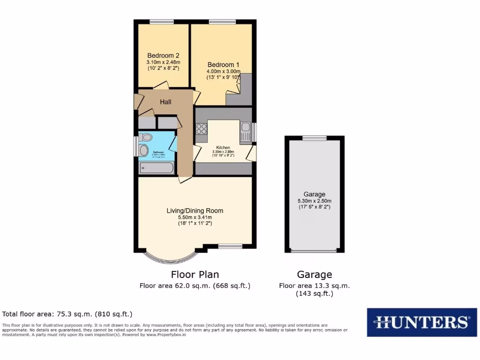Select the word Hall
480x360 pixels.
[165, 102]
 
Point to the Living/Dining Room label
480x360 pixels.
[195, 210]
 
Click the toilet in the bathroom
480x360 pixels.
[146, 137]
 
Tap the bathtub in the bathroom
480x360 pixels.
[157, 167]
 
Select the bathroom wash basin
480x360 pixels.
[144, 150]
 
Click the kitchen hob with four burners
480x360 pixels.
[202, 129]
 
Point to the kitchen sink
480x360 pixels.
[246, 132]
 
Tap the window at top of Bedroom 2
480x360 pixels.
[162, 22]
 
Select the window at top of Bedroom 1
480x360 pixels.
[223, 22]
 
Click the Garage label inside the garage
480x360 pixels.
[314, 194]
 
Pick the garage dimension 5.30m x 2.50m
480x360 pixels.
[314, 201]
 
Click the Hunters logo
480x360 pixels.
[422, 322]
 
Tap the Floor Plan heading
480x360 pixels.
[195, 275]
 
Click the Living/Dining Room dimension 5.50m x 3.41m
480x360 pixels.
[195, 217]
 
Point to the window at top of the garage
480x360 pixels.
[315, 138]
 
